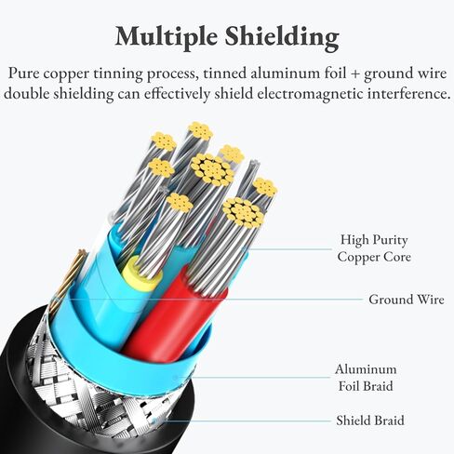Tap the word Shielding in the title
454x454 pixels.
[x=282, y=37]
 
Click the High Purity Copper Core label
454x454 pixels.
[x=374, y=248]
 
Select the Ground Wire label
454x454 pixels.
[x=407, y=300]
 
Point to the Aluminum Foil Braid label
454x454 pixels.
[x=366, y=378]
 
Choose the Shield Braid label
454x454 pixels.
[x=370, y=421]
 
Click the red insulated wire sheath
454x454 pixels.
[x=174, y=314]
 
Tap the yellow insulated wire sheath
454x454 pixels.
[x=141, y=274]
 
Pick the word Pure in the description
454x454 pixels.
[x=24, y=73]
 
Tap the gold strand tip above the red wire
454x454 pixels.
[x=243, y=211]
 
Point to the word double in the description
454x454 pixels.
[x=27, y=93]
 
